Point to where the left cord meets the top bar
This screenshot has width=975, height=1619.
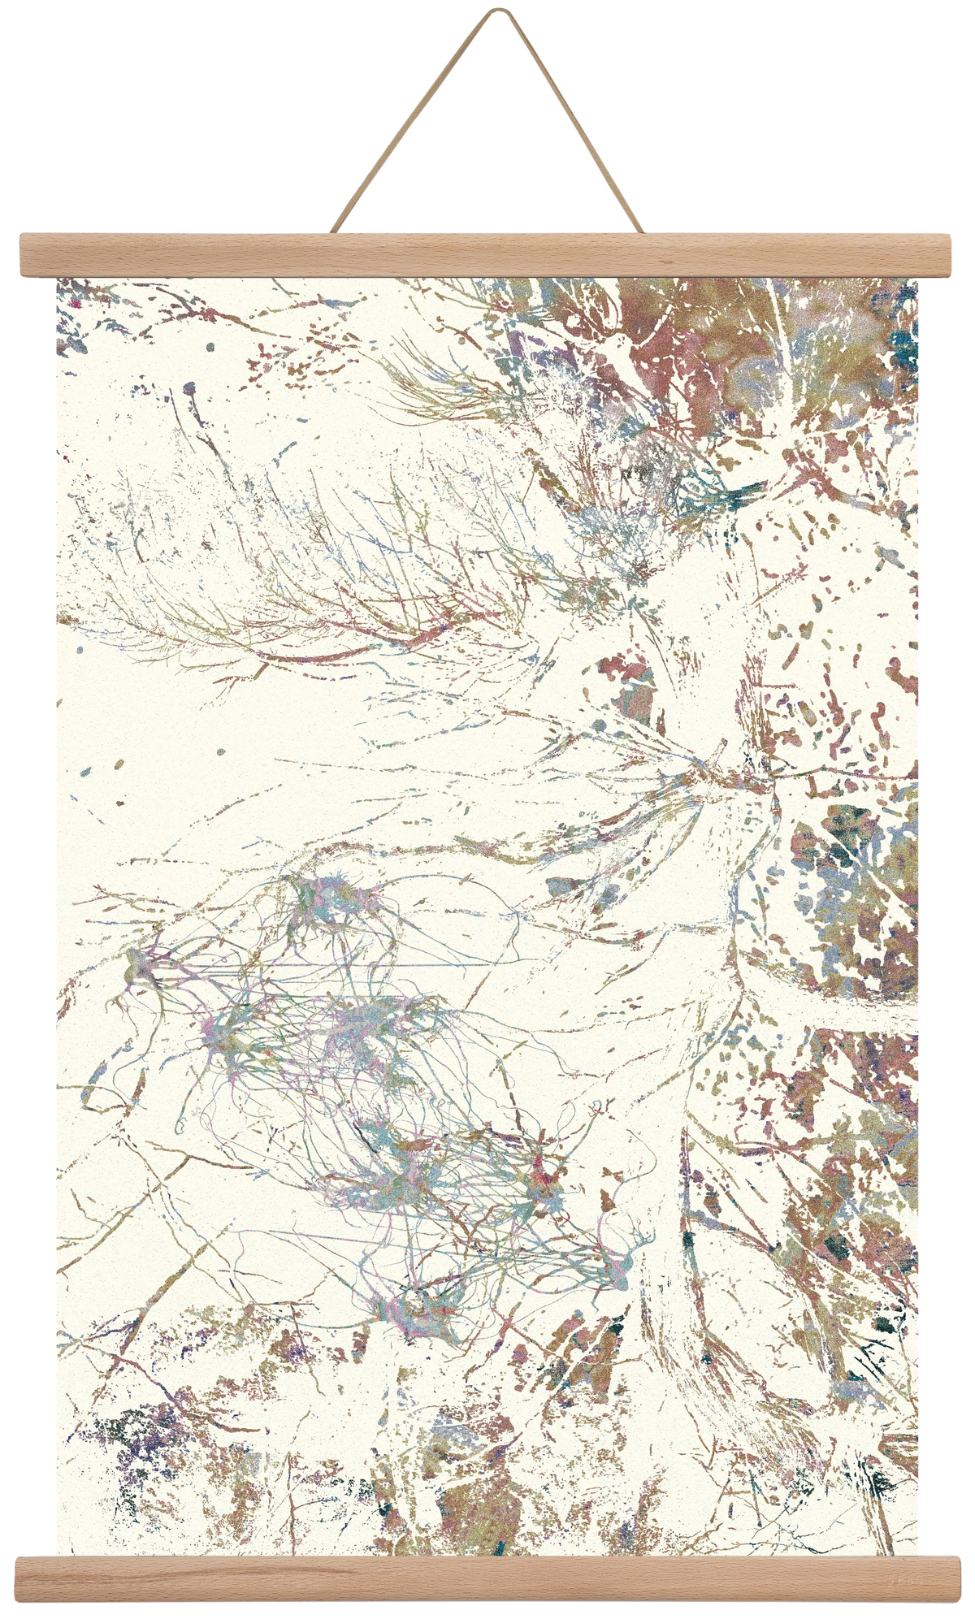(x=335, y=231)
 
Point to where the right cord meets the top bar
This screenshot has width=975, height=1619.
(x=641, y=231)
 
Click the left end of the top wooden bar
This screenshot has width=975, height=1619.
(x=21, y=254)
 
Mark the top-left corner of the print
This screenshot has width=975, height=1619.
(x=54, y=279)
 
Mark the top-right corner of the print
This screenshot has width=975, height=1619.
(x=922, y=279)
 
